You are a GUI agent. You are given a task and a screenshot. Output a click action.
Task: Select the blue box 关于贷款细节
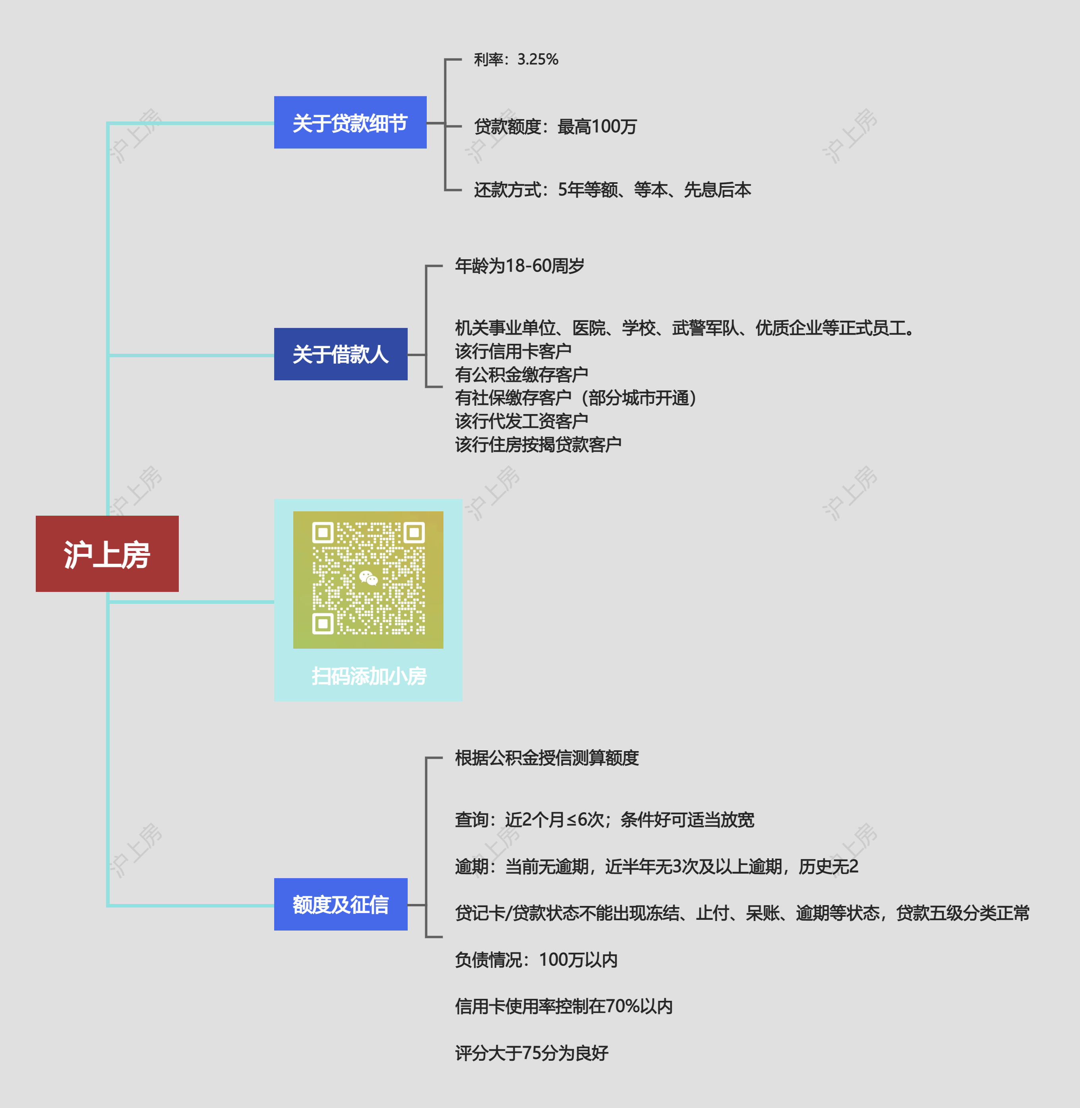[x=350, y=122]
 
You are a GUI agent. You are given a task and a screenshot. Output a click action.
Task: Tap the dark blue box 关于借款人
[x=341, y=354]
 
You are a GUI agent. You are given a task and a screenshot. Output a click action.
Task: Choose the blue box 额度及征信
[x=341, y=904]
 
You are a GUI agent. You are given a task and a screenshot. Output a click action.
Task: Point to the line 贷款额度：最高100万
[x=555, y=126]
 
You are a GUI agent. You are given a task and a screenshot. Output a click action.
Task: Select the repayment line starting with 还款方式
[x=612, y=190]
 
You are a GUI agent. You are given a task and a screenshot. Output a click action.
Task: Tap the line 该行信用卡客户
[x=512, y=351]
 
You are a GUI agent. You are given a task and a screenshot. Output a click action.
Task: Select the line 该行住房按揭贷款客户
[x=538, y=444]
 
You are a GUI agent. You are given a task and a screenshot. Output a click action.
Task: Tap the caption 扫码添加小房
[x=369, y=676]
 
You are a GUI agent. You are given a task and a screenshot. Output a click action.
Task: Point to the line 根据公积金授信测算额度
[x=546, y=758]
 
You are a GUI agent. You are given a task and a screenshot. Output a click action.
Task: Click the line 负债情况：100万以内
[x=536, y=960]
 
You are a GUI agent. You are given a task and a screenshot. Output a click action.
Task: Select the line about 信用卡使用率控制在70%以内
[x=563, y=1006]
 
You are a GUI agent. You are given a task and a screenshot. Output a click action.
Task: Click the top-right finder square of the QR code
[x=414, y=533]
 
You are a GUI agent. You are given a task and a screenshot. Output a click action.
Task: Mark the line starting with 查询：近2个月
[x=604, y=819]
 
